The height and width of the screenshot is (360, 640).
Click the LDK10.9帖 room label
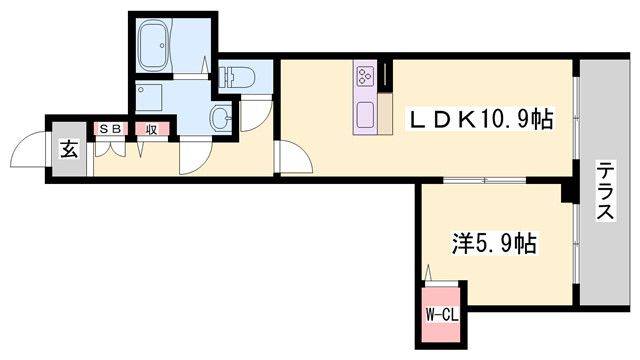[x=479, y=119]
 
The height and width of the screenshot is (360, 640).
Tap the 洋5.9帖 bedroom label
[x=495, y=242]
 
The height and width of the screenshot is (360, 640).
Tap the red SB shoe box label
[x=108, y=128]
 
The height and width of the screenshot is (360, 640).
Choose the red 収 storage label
[x=152, y=128]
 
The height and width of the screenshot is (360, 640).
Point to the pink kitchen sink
[x=364, y=112]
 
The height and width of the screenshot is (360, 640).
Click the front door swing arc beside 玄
[x=28, y=155]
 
